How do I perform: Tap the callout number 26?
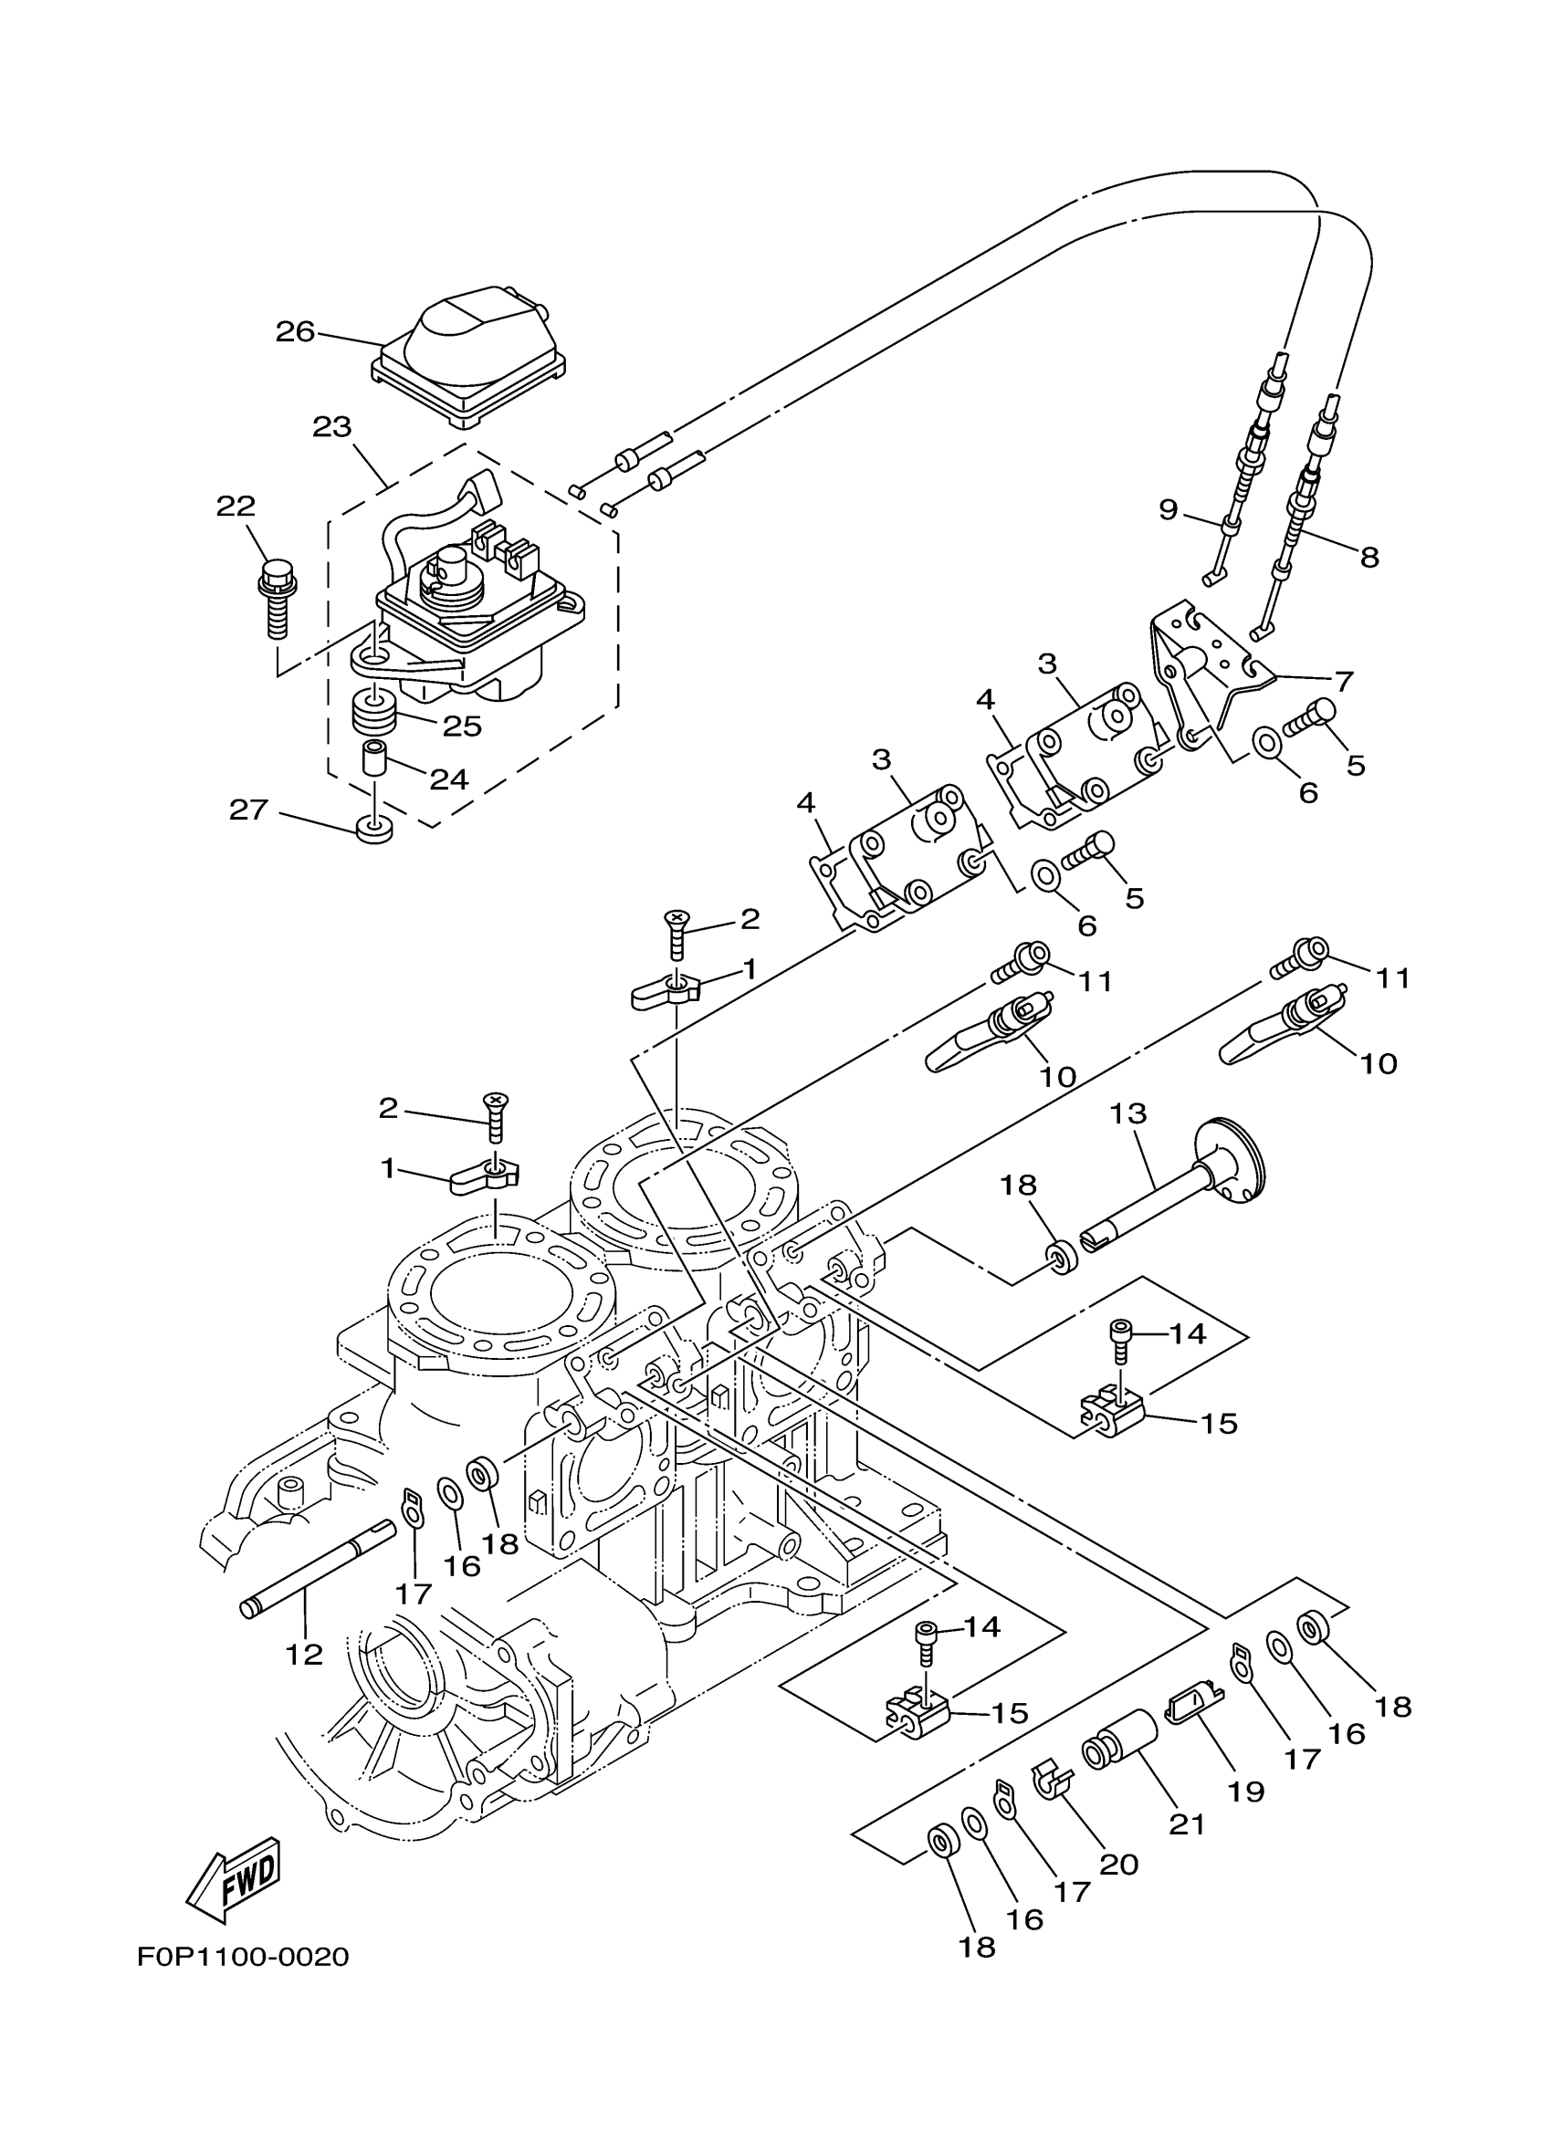click(295, 331)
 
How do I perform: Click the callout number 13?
click(1127, 1113)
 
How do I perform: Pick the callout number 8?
click(1369, 558)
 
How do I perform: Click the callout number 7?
click(1343, 680)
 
